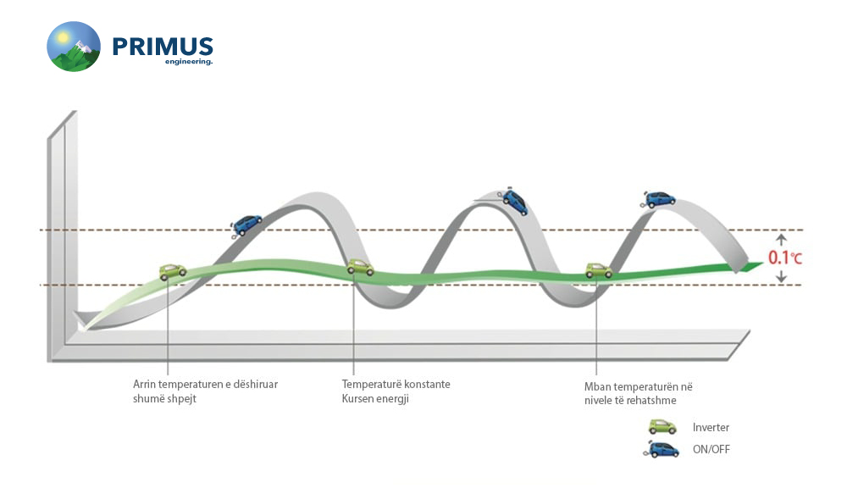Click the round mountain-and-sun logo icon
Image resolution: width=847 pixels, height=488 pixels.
click(74, 47)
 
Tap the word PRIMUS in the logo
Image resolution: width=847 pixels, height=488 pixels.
click(163, 47)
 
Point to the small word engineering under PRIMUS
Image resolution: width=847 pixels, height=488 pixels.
click(189, 62)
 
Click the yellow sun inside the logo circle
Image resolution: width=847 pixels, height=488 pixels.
click(64, 38)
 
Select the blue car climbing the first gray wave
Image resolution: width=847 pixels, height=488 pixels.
click(246, 225)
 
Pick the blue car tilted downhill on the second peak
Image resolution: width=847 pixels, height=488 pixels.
click(514, 201)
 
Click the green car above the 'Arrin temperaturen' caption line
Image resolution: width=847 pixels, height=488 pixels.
click(173, 272)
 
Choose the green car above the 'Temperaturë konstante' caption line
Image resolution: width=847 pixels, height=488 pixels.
click(360, 267)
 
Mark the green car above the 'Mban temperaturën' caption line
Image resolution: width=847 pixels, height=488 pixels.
click(599, 269)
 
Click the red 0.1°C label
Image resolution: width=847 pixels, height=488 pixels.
click(785, 258)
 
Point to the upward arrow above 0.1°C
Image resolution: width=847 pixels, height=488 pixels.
click(781, 241)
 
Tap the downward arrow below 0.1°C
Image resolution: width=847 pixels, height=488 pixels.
click(781, 276)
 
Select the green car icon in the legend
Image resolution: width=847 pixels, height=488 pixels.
click(662, 427)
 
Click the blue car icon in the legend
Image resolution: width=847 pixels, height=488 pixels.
click(662, 450)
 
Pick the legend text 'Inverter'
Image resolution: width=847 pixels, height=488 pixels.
click(711, 428)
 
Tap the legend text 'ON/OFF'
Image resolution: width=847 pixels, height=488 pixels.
click(711, 449)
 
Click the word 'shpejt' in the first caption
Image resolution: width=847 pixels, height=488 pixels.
click(182, 399)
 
